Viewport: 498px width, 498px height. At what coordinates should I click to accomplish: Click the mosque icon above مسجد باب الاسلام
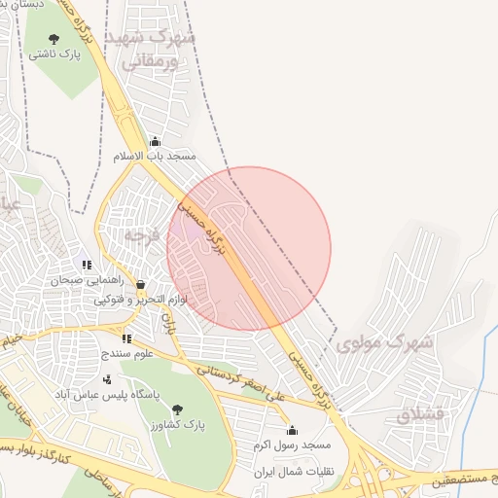155,141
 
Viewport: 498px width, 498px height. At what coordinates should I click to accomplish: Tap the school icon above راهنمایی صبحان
87,264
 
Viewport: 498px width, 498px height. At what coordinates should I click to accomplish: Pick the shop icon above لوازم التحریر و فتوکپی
141,285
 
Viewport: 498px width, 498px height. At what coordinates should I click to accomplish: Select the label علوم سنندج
125,354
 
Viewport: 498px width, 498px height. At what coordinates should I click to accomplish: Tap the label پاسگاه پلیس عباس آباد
100,394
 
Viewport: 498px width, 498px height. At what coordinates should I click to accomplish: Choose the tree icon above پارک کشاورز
176,409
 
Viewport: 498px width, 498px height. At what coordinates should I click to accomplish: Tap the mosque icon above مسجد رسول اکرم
293,430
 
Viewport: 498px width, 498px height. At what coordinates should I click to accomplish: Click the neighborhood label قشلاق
419,413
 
